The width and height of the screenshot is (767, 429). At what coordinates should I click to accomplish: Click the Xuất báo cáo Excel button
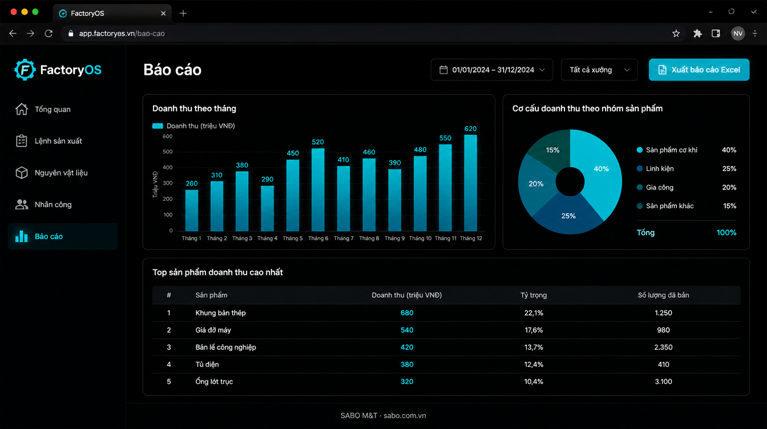click(699, 70)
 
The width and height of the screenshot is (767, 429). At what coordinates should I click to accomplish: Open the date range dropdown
click(492, 70)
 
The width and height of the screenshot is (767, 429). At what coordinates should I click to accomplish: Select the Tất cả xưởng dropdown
click(599, 70)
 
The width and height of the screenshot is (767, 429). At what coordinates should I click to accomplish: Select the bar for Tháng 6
click(318, 189)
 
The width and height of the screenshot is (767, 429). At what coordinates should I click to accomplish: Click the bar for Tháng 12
click(470, 183)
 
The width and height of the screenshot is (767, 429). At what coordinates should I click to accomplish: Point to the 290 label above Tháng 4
click(267, 179)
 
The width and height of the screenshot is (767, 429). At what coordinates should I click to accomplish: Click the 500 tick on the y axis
click(167, 152)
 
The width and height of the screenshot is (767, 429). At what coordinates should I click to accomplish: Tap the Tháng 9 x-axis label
click(394, 238)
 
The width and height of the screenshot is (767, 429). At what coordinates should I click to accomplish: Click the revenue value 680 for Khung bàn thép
click(407, 313)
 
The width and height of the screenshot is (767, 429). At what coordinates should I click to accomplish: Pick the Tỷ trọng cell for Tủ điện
click(534, 365)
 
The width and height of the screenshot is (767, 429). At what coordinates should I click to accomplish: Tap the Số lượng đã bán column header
click(663, 295)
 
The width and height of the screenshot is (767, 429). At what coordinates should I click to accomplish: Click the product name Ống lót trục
click(214, 382)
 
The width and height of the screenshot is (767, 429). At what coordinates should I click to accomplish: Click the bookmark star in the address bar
click(676, 34)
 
